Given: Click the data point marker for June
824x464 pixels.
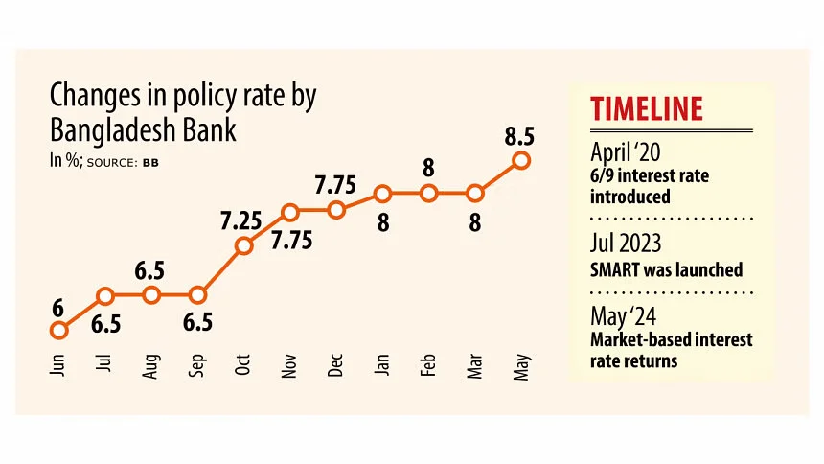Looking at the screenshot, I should point(58,331).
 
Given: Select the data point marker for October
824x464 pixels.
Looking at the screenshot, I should point(243,246).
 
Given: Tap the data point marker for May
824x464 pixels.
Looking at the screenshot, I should point(521,160).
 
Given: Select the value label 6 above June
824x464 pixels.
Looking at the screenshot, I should point(58,307).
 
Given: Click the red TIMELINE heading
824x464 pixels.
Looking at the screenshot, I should point(647,109).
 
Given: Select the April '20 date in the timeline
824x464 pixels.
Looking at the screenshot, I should point(627,151).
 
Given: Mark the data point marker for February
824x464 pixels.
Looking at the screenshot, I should point(428,193).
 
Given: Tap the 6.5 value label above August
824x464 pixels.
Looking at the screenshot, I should point(151,270).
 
